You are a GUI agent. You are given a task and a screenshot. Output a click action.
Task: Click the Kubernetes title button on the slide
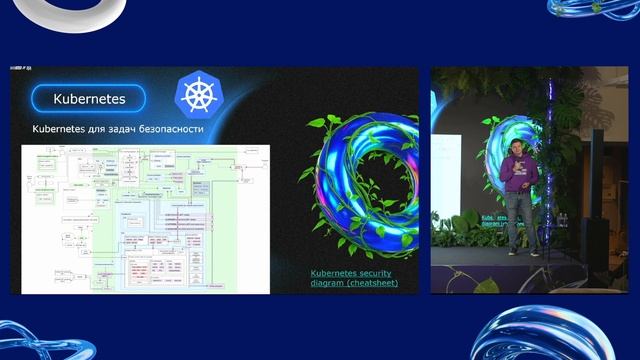[88, 99]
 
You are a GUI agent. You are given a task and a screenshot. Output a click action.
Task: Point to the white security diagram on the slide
[146, 219]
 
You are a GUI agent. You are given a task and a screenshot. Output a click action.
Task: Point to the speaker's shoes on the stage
[518, 252]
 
